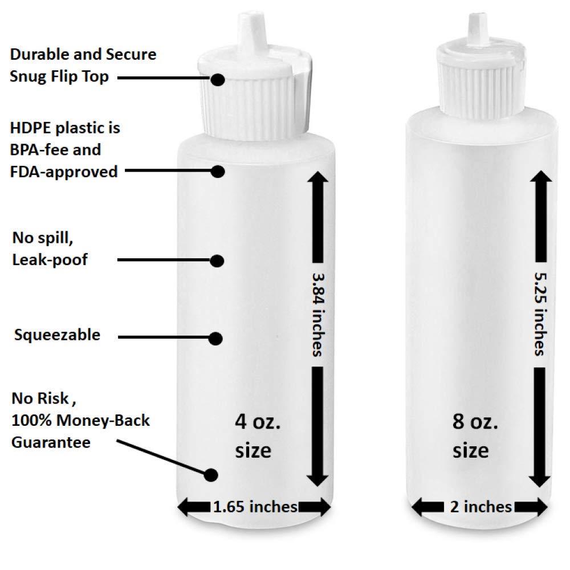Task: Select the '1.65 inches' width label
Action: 255,506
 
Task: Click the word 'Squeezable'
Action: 57,335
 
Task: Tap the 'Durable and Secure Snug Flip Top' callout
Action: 83,66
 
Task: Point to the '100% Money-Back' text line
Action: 80,421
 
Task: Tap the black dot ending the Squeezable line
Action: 215,338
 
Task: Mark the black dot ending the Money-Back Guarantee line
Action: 211,474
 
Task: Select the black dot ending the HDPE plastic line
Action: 218,170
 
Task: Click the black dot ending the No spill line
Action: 217,260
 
